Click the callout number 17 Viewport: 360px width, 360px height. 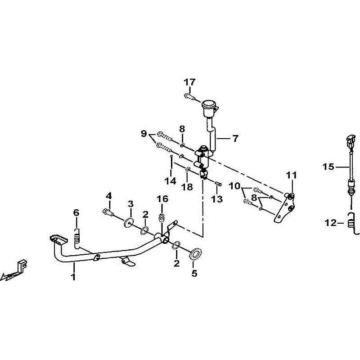(189, 82)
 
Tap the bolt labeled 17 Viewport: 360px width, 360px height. (189, 96)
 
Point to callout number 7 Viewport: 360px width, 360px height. (235, 139)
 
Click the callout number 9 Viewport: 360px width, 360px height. (144, 133)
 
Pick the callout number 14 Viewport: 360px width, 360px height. (171, 181)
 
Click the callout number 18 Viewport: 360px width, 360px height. (187, 187)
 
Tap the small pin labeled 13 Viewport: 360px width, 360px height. (218, 184)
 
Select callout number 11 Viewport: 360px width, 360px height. (291, 175)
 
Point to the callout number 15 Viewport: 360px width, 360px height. (328, 166)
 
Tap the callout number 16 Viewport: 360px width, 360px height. (162, 199)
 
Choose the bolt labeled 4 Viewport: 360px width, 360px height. (108, 212)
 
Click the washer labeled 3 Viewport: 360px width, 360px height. (129, 223)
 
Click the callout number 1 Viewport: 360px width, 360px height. (73, 277)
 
